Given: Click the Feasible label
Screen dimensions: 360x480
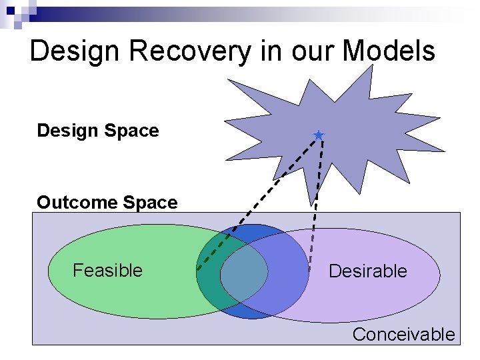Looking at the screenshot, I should click(107, 271).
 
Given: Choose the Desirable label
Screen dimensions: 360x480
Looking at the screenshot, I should click(367, 271).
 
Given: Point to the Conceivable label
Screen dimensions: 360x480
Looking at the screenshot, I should click(403, 335).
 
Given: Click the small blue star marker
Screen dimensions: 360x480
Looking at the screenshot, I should click(319, 136).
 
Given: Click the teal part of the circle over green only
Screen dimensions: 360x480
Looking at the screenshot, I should click(208, 273).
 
